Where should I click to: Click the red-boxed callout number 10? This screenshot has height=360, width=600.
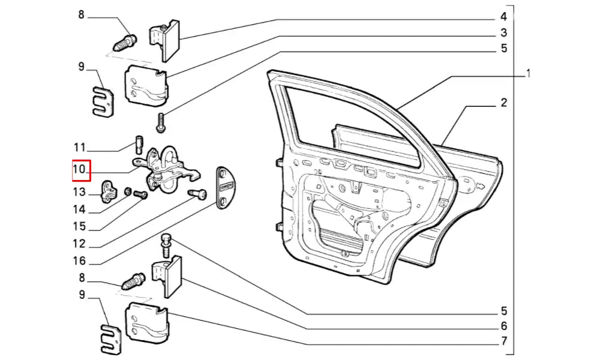click(80, 170)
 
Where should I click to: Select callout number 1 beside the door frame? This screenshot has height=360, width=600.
click(528, 74)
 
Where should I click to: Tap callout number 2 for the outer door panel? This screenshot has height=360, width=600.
click(504, 103)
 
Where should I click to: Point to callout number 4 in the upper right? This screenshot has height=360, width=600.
click(504, 16)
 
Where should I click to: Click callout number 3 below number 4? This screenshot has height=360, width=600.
click(504, 32)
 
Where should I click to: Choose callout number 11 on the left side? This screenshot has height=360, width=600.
click(80, 148)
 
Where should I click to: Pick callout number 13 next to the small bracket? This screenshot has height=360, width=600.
click(80, 192)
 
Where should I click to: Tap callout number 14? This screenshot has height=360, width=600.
click(80, 210)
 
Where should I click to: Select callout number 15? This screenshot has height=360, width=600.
click(80, 227)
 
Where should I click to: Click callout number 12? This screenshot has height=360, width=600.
click(80, 244)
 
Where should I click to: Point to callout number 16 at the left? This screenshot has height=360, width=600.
click(80, 262)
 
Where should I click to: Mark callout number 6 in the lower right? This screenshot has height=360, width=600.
click(504, 326)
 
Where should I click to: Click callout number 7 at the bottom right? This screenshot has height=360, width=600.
click(504, 342)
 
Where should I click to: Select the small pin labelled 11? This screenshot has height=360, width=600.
click(137, 145)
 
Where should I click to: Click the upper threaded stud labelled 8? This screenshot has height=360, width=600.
click(125, 43)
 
